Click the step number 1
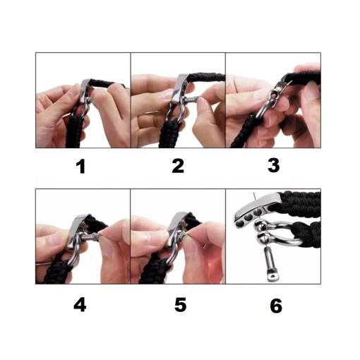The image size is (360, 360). [x=80, y=167]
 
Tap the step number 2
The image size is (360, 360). [x=178, y=166]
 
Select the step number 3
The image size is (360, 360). [x=274, y=166]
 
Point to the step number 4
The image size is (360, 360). [x=80, y=305]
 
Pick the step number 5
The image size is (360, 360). [x=180, y=304]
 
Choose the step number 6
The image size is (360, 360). [x=276, y=306]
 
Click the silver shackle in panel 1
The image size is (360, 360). [x=83, y=107]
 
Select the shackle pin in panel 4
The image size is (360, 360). [x=90, y=236]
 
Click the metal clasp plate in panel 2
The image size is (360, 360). [x=179, y=88]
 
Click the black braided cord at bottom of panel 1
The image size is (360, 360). [x=74, y=132]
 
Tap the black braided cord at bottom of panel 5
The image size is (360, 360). [x=154, y=270]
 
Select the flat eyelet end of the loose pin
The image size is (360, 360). [x=272, y=275]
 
